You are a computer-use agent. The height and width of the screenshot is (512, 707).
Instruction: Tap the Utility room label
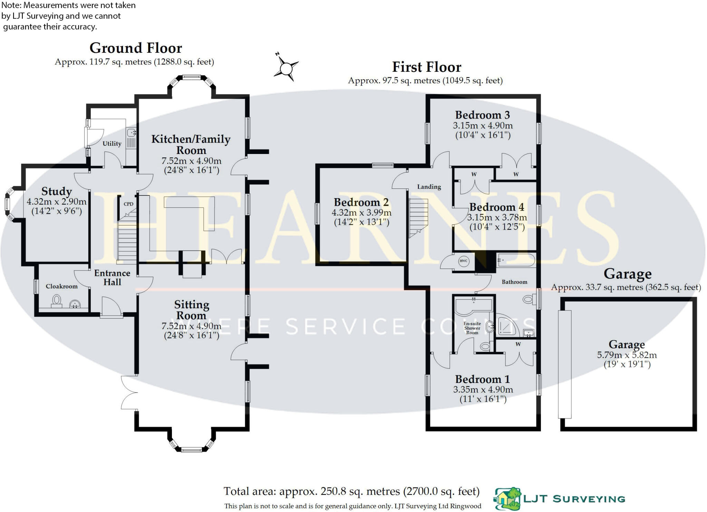pos(112,144)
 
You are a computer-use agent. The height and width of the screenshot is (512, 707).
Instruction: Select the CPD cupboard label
pos(128,204)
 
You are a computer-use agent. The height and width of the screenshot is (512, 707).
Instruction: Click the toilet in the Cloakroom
pos(56,301)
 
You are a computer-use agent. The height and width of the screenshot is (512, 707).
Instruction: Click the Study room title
pos(57,191)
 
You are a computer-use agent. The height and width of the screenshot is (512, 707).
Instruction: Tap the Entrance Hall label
pos(112,278)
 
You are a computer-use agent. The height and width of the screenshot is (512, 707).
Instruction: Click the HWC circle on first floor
pos(463,261)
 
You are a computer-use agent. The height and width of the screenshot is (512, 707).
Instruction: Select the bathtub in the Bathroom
pos(516,260)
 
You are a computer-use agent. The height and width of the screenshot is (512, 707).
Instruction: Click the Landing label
pos(429,187)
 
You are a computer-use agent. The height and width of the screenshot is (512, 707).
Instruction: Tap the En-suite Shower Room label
pos(472,328)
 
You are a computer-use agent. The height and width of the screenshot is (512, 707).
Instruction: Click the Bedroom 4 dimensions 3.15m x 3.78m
pos(497,218)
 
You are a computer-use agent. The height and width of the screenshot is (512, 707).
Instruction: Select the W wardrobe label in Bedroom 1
pos(518,344)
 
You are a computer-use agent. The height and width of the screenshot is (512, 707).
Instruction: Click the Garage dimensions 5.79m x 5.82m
pos(627,355)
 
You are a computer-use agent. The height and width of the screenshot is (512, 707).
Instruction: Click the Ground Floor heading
pos(136,48)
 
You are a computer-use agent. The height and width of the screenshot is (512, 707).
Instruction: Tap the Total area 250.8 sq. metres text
pos(351,491)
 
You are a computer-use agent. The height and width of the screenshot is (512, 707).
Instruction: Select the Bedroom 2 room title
pos(361,202)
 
